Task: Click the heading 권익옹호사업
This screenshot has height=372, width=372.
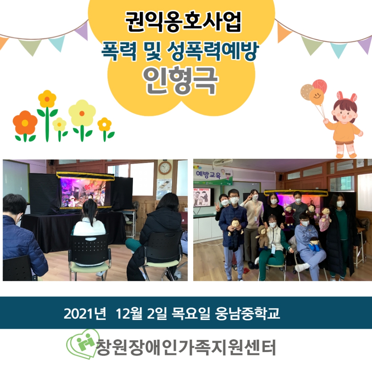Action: (183, 22)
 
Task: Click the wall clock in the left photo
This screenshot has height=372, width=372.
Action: (165, 168)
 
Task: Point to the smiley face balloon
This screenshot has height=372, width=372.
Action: (316, 97)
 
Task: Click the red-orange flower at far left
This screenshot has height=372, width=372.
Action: (25, 123)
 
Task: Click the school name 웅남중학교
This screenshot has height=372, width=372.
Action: (247, 314)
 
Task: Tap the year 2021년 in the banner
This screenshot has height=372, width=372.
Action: (85, 314)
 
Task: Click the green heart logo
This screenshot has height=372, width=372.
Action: (82, 344)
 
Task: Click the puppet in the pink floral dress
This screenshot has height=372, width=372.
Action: (324, 219)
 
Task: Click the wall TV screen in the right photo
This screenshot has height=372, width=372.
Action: (204, 197)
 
